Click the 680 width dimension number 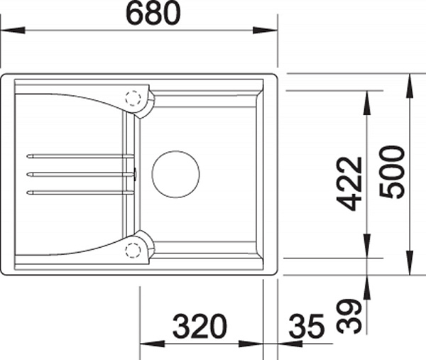coord(153,13)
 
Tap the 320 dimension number coord(200,326)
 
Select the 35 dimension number coord(307,326)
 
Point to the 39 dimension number coord(349,316)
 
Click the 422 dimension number coord(349,184)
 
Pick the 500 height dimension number coord(392,172)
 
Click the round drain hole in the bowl coord(176,174)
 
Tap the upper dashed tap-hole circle coord(133,98)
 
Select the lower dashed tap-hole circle coord(133,249)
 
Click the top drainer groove coord(80,156)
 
